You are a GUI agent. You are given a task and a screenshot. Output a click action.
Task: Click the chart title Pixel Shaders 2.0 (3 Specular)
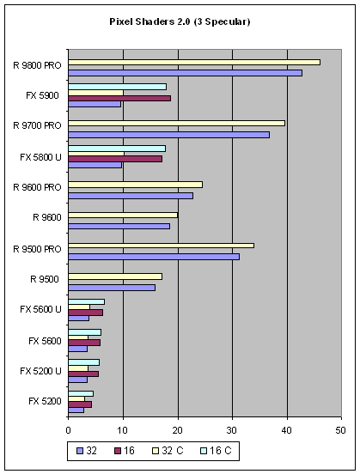pyautogui.click(x=180, y=21)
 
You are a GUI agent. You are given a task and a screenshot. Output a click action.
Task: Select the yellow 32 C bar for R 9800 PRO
pyautogui.click(x=194, y=63)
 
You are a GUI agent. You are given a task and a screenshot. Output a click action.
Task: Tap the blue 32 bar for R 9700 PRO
pyautogui.click(x=168, y=135)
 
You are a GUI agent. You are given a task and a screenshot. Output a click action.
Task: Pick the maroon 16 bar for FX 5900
pyautogui.click(x=119, y=98)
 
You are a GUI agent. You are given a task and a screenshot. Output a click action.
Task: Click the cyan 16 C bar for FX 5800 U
pyautogui.click(x=117, y=149)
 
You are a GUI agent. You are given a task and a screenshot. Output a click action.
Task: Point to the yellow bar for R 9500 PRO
pyautogui.click(x=162, y=246)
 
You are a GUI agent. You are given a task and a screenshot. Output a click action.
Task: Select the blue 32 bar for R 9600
pyautogui.click(x=119, y=227)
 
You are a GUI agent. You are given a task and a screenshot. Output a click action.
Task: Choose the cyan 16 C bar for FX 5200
pyautogui.click(x=81, y=393)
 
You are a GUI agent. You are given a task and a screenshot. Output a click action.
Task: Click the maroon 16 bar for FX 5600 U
pyautogui.click(x=86, y=313)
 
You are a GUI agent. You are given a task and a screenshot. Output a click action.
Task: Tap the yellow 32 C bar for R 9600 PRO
pyautogui.click(x=135, y=185)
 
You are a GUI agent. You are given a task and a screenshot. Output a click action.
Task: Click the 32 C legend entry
pyautogui.click(x=168, y=451)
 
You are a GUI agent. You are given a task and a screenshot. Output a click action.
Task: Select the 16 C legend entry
pyautogui.click(x=216, y=451)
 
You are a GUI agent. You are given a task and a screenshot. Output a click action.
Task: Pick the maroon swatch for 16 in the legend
pyautogui.click(x=118, y=451)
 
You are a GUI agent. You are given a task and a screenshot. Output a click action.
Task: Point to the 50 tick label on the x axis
pyautogui.click(x=340, y=430)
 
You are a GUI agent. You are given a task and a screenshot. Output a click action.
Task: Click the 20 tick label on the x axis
pyautogui.click(x=178, y=430)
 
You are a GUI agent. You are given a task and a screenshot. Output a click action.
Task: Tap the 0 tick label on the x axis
pyautogui.click(x=69, y=430)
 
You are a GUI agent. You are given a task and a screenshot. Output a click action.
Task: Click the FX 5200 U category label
pyautogui.click(x=40, y=371)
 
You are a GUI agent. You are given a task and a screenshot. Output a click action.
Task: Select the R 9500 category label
pyautogui.click(x=45, y=279)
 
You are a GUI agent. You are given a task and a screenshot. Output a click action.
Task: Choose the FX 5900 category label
pyautogui.click(x=42, y=95)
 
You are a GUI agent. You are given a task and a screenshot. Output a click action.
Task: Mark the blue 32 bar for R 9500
pyautogui.click(x=112, y=288)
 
